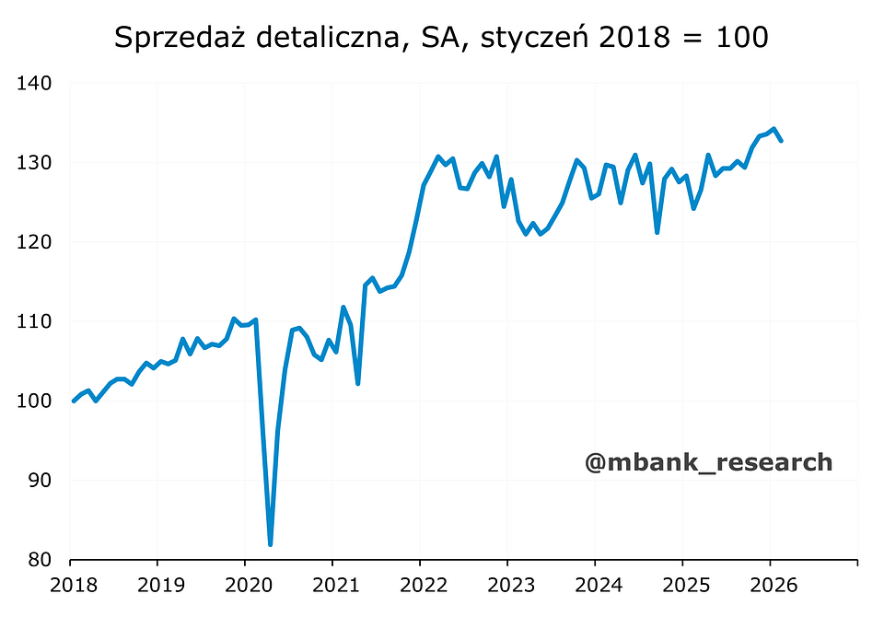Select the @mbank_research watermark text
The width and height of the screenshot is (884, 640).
tap(708, 462)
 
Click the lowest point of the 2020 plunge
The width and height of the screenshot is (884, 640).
tap(270, 544)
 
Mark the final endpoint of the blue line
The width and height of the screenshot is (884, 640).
tap(781, 141)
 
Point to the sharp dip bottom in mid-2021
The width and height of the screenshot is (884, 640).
tap(357, 383)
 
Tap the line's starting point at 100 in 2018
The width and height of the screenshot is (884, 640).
tap(74, 401)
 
